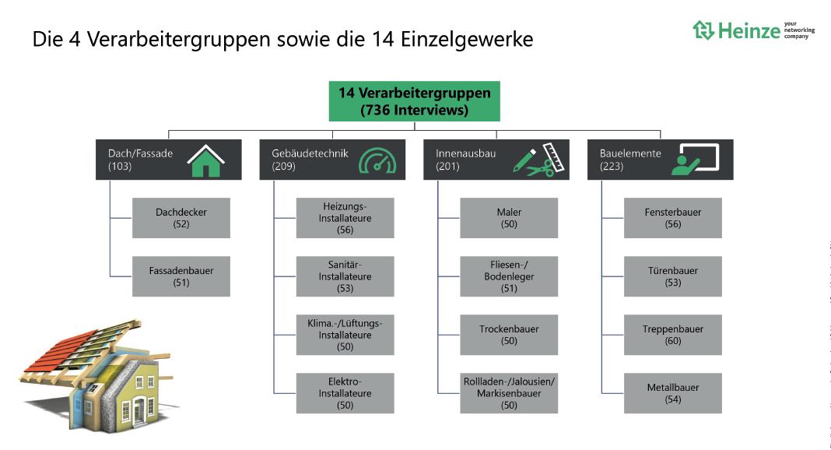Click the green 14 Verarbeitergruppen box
414,101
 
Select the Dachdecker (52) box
181,218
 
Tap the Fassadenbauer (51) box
181,276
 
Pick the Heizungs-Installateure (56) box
345,218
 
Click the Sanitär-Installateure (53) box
345,276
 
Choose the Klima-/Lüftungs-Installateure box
345,335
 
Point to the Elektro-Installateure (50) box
345,393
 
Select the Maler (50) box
509,218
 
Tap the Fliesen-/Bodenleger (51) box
509,276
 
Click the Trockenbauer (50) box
509,335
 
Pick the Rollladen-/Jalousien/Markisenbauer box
509,393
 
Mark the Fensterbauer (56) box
673,218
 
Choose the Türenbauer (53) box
673,276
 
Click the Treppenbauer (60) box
673,335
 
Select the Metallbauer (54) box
673,393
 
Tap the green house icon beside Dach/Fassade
205,160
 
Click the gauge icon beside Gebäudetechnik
377,160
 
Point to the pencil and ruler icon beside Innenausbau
538,160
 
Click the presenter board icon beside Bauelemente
698,159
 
